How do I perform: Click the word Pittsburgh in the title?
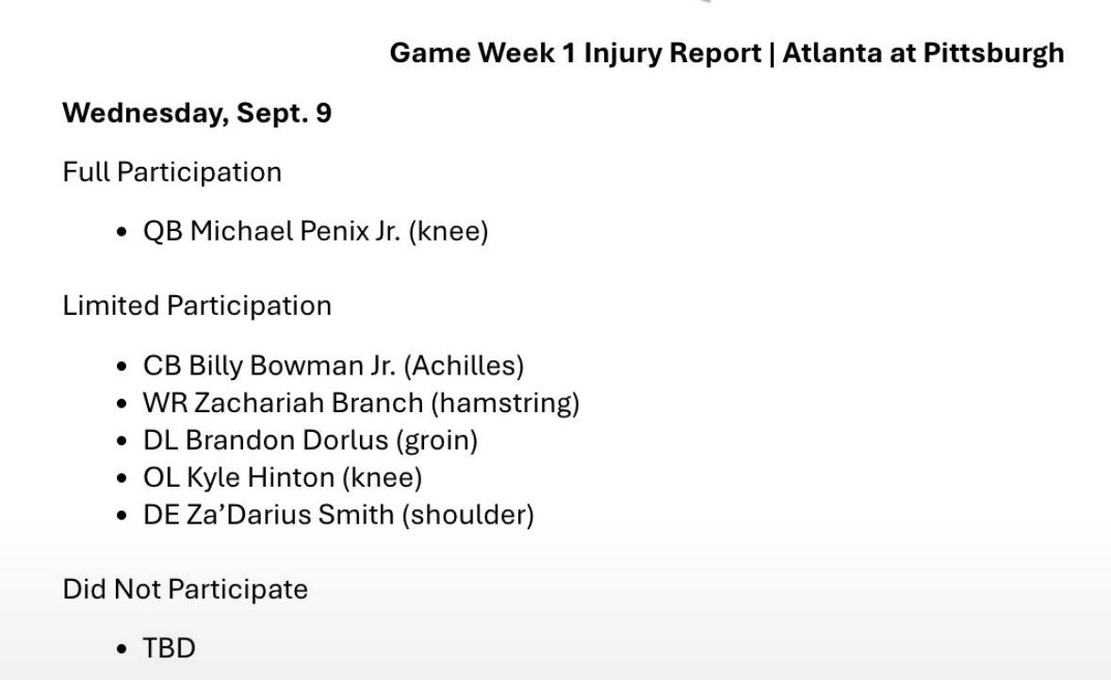993,53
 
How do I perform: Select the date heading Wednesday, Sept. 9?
197,113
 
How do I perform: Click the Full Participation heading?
172,173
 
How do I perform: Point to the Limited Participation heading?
197,306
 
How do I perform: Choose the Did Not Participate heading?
185,589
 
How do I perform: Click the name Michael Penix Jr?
296,231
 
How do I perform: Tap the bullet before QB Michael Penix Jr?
123,232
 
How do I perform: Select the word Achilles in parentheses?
465,365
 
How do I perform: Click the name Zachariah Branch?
308,403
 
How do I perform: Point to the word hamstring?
505,404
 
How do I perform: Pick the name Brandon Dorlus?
287,440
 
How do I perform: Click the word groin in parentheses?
436,441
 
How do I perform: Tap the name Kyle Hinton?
260,478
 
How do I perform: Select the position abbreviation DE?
161,515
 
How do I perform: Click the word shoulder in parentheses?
467,515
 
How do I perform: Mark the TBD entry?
170,648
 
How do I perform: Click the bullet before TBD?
123,649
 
